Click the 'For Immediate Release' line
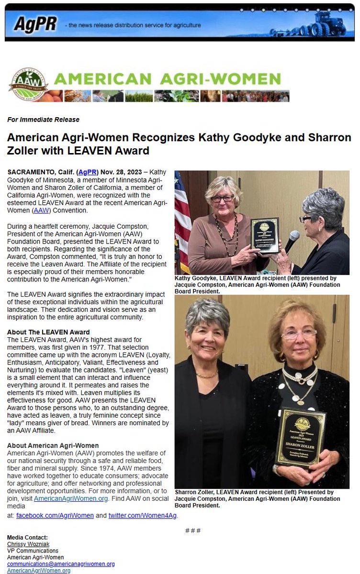(43, 120)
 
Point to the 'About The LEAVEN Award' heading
(48, 332)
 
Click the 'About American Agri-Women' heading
(53, 445)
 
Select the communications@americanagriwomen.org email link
(61, 564)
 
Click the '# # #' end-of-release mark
(192, 530)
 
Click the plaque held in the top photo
(265, 235)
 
